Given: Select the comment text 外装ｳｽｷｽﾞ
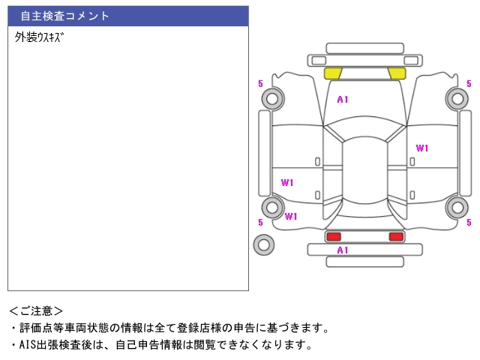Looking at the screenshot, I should click(39, 37).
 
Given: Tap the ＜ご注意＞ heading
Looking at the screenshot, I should click(36, 310).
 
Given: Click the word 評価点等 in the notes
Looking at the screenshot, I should click(45, 328).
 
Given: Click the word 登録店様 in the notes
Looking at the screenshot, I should click(229, 328).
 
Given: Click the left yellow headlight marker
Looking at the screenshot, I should click(333, 73).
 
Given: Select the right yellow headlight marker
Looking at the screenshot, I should click(397, 73).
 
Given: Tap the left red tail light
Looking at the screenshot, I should click(333, 236).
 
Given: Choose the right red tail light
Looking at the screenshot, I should click(395, 236).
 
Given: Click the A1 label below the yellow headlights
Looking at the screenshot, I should click(343, 99).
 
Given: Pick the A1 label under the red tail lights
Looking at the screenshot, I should click(342, 250).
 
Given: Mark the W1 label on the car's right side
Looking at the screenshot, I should click(422, 148).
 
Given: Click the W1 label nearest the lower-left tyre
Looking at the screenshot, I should click(291, 217).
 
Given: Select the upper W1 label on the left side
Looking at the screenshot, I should click(287, 183).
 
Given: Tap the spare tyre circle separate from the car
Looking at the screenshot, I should click(264, 244).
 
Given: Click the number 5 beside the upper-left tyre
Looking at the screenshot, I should click(260, 84).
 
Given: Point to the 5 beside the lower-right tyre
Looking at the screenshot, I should click(469, 223).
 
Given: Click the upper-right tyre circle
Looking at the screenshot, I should click(456, 97).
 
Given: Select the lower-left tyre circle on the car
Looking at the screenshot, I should click(271, 208).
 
